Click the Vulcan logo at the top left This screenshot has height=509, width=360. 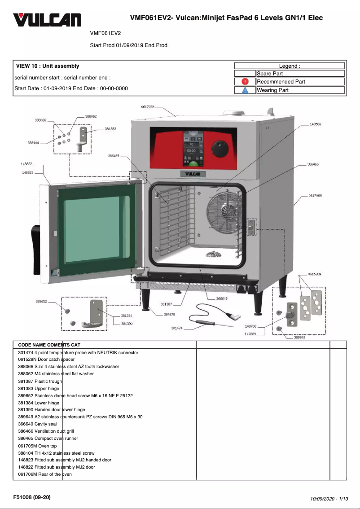click(47, 20)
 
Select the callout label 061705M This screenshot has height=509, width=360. click(148, 107)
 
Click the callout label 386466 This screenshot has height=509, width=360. click(313, 165)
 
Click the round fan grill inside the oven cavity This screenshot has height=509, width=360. click(223, 209)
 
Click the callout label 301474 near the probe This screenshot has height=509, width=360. click(177, 328)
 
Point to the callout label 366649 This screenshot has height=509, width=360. click(222, 298)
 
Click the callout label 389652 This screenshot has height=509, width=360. click(41, 302)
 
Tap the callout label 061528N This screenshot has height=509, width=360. click(315, 274)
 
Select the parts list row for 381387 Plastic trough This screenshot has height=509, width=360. click(40, 381)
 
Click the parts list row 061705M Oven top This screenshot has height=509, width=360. click(37, 446)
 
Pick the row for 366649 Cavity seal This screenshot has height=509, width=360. click(37, 424)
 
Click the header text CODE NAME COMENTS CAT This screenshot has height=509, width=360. click(49, 345)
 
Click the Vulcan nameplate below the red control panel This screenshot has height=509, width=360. click(193, 174)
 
